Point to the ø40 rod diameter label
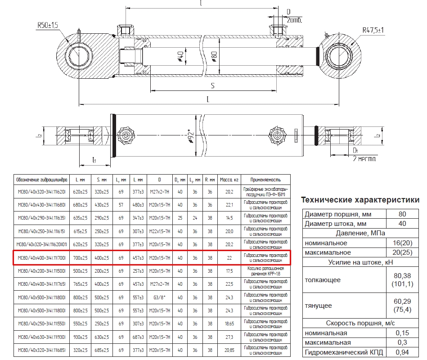(x=180, y=57)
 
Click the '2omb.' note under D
(x=294, y=21)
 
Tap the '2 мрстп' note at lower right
(x=364, y=159)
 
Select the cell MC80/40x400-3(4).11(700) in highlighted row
(x=41, y=257)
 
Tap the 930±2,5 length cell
(x=80, y=337)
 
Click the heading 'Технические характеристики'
(x=360, y=200)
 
